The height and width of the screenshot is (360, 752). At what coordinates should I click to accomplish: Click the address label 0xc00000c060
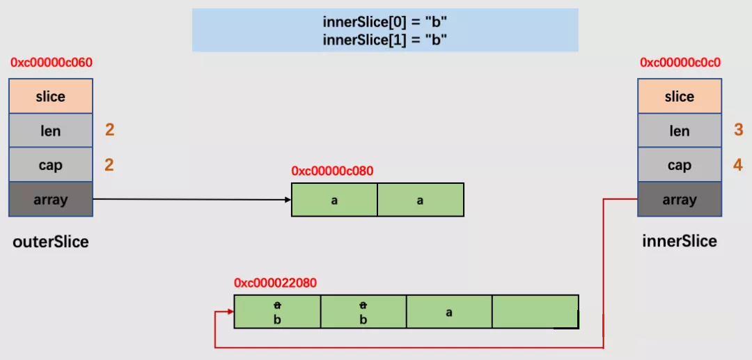[52, 63]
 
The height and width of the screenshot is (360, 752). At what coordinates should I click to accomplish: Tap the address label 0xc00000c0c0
[680, 63]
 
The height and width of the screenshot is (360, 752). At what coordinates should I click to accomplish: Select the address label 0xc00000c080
[332, 171]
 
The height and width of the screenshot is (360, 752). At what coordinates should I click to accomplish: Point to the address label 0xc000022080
[275, 283]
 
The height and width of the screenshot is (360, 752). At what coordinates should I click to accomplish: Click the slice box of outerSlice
[50, 96]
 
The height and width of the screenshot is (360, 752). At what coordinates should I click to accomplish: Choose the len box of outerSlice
[50, 131]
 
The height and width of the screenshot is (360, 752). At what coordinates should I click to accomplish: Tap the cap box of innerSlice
[680, 165]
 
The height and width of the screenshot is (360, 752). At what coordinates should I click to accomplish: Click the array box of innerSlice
[680, 199]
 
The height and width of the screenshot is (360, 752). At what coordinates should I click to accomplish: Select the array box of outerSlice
[50, 199]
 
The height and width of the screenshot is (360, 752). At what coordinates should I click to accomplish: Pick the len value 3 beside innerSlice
[739, 130]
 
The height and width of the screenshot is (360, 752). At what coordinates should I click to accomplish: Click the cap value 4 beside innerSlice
[739, 166]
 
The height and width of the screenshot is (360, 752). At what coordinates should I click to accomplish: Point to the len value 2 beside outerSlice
[110, 130]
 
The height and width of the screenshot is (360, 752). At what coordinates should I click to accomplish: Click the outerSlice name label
[51, 242]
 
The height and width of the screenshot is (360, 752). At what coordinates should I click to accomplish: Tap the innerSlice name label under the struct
[680, 241]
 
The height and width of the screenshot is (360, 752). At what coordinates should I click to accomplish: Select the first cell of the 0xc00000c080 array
[334, 199]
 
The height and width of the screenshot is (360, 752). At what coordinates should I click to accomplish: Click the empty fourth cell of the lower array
[535, 311]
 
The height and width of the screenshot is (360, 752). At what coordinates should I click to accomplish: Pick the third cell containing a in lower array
[449, 311]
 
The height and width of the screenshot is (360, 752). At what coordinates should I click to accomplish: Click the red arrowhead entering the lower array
[230, 311]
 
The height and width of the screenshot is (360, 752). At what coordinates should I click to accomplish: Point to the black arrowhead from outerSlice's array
[288, 199]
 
